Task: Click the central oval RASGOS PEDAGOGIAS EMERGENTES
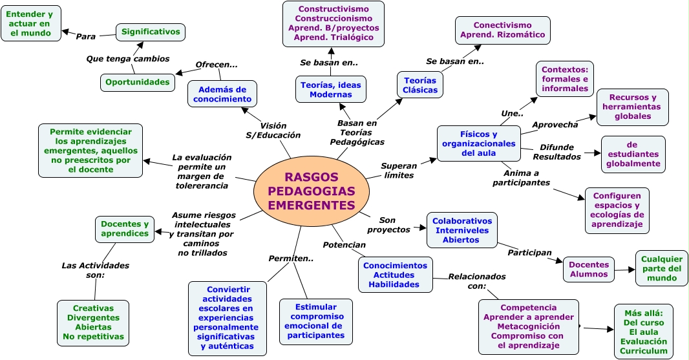pos(311,191)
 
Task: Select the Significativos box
pos(151,32)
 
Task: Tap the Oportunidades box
pos(138,82)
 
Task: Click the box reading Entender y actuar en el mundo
pos(31,23)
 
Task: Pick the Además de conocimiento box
pos(222,94)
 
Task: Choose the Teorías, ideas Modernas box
pos(331,89)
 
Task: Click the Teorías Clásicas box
pos(419,85)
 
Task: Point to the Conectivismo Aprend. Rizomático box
pos(502,30)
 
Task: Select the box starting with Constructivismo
pos(333,23)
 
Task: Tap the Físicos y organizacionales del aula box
pos(478,143)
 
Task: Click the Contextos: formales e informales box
pos(565,79)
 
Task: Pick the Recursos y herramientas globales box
pos(632,107)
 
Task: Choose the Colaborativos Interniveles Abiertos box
pos(461,230)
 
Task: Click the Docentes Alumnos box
pos(589,269)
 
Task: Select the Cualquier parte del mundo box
pos(661,268)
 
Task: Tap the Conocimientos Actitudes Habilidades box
pos(395,275)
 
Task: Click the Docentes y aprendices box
pos(125,229)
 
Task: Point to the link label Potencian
pos(344,245)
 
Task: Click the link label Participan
pos(529,252)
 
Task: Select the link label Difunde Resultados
pos(556,152)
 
